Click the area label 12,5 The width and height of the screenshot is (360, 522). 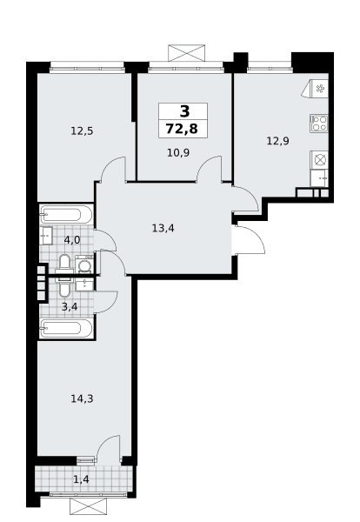[x=82, y=131]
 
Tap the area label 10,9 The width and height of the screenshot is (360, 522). [x=178, y=153]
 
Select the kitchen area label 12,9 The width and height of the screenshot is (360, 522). [x=277, y=141]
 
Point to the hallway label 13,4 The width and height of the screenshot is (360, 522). [x=163, y=228]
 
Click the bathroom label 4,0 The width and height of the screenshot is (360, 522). [x=72, y=240]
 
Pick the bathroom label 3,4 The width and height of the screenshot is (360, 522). [x=70, y=306]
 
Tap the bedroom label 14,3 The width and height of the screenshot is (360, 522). [x=82, y=398]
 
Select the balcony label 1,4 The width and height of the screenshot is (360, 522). [x=82, y=479]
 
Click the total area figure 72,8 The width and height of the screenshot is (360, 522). [x=182, y=129]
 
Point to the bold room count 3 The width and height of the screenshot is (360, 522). [x=184, y=111]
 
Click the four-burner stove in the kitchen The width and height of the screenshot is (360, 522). [x=319, y=124]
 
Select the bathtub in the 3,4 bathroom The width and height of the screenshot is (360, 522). [x=66, y=328]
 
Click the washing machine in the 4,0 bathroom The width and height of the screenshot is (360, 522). [x=85, y=264]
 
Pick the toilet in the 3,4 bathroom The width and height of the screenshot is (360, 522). [x=64, y=285]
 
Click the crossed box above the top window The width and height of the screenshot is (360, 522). [x=187, y=53]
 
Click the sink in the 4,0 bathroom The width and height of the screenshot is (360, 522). [x=46, y=236]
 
